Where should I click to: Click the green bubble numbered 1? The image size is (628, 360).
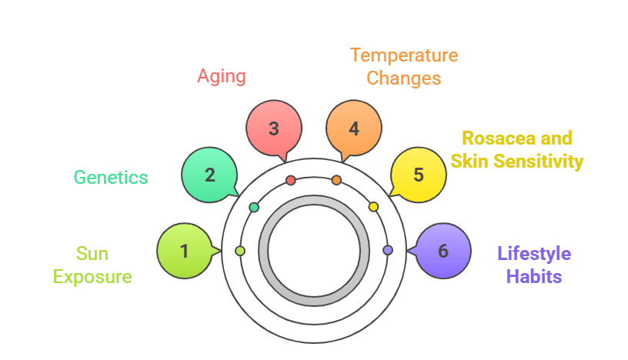185,251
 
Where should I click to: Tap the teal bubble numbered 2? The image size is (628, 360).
209,175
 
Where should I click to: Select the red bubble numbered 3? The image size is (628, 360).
273,128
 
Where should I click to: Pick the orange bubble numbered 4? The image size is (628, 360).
353,128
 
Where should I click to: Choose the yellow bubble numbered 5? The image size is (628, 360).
418,175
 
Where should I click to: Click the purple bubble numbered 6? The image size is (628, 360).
443,251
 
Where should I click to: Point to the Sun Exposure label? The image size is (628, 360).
92,265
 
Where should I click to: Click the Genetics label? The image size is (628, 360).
111,177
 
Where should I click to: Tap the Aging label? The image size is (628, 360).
222,75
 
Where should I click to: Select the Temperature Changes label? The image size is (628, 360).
403,67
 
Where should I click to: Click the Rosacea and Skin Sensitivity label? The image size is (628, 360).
517,149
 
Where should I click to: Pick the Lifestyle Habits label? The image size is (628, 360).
534,265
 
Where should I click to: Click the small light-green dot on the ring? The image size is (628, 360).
240,251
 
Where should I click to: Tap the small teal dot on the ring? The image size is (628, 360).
254,208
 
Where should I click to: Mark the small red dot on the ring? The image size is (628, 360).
291,181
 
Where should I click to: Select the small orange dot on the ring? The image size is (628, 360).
336,181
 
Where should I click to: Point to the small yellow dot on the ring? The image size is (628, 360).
373,207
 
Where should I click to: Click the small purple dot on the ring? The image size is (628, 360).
387,250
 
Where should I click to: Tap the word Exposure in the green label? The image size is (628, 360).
92,277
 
